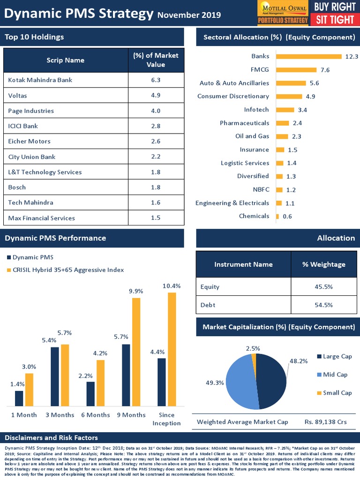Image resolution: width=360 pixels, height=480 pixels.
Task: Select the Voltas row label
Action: click(x=17, y=96)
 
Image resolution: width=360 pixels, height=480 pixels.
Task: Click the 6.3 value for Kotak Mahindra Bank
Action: click(x=156, y=80)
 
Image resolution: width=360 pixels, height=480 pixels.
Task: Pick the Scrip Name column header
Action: click(x=65, y=60)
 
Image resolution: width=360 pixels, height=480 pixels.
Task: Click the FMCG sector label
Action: click(x=260, y=70)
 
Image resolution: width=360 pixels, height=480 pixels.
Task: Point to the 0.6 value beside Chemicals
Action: click(x=287, y=217)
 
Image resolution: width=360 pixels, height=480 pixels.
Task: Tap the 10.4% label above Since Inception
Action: click(x=172, y=285)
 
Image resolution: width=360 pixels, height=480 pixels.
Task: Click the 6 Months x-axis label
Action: click(x=95, y=415)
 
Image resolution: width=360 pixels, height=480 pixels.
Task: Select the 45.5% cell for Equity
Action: click(x=324, y=287)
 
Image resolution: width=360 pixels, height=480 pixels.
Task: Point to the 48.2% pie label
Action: click(x=298, y=361)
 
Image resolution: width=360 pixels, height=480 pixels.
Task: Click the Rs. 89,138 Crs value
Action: click(x=325, y=422)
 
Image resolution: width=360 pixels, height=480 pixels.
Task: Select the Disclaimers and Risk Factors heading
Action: click(x=51, y=438)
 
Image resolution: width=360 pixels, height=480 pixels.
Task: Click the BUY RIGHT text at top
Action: click(x=335, y=7)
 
